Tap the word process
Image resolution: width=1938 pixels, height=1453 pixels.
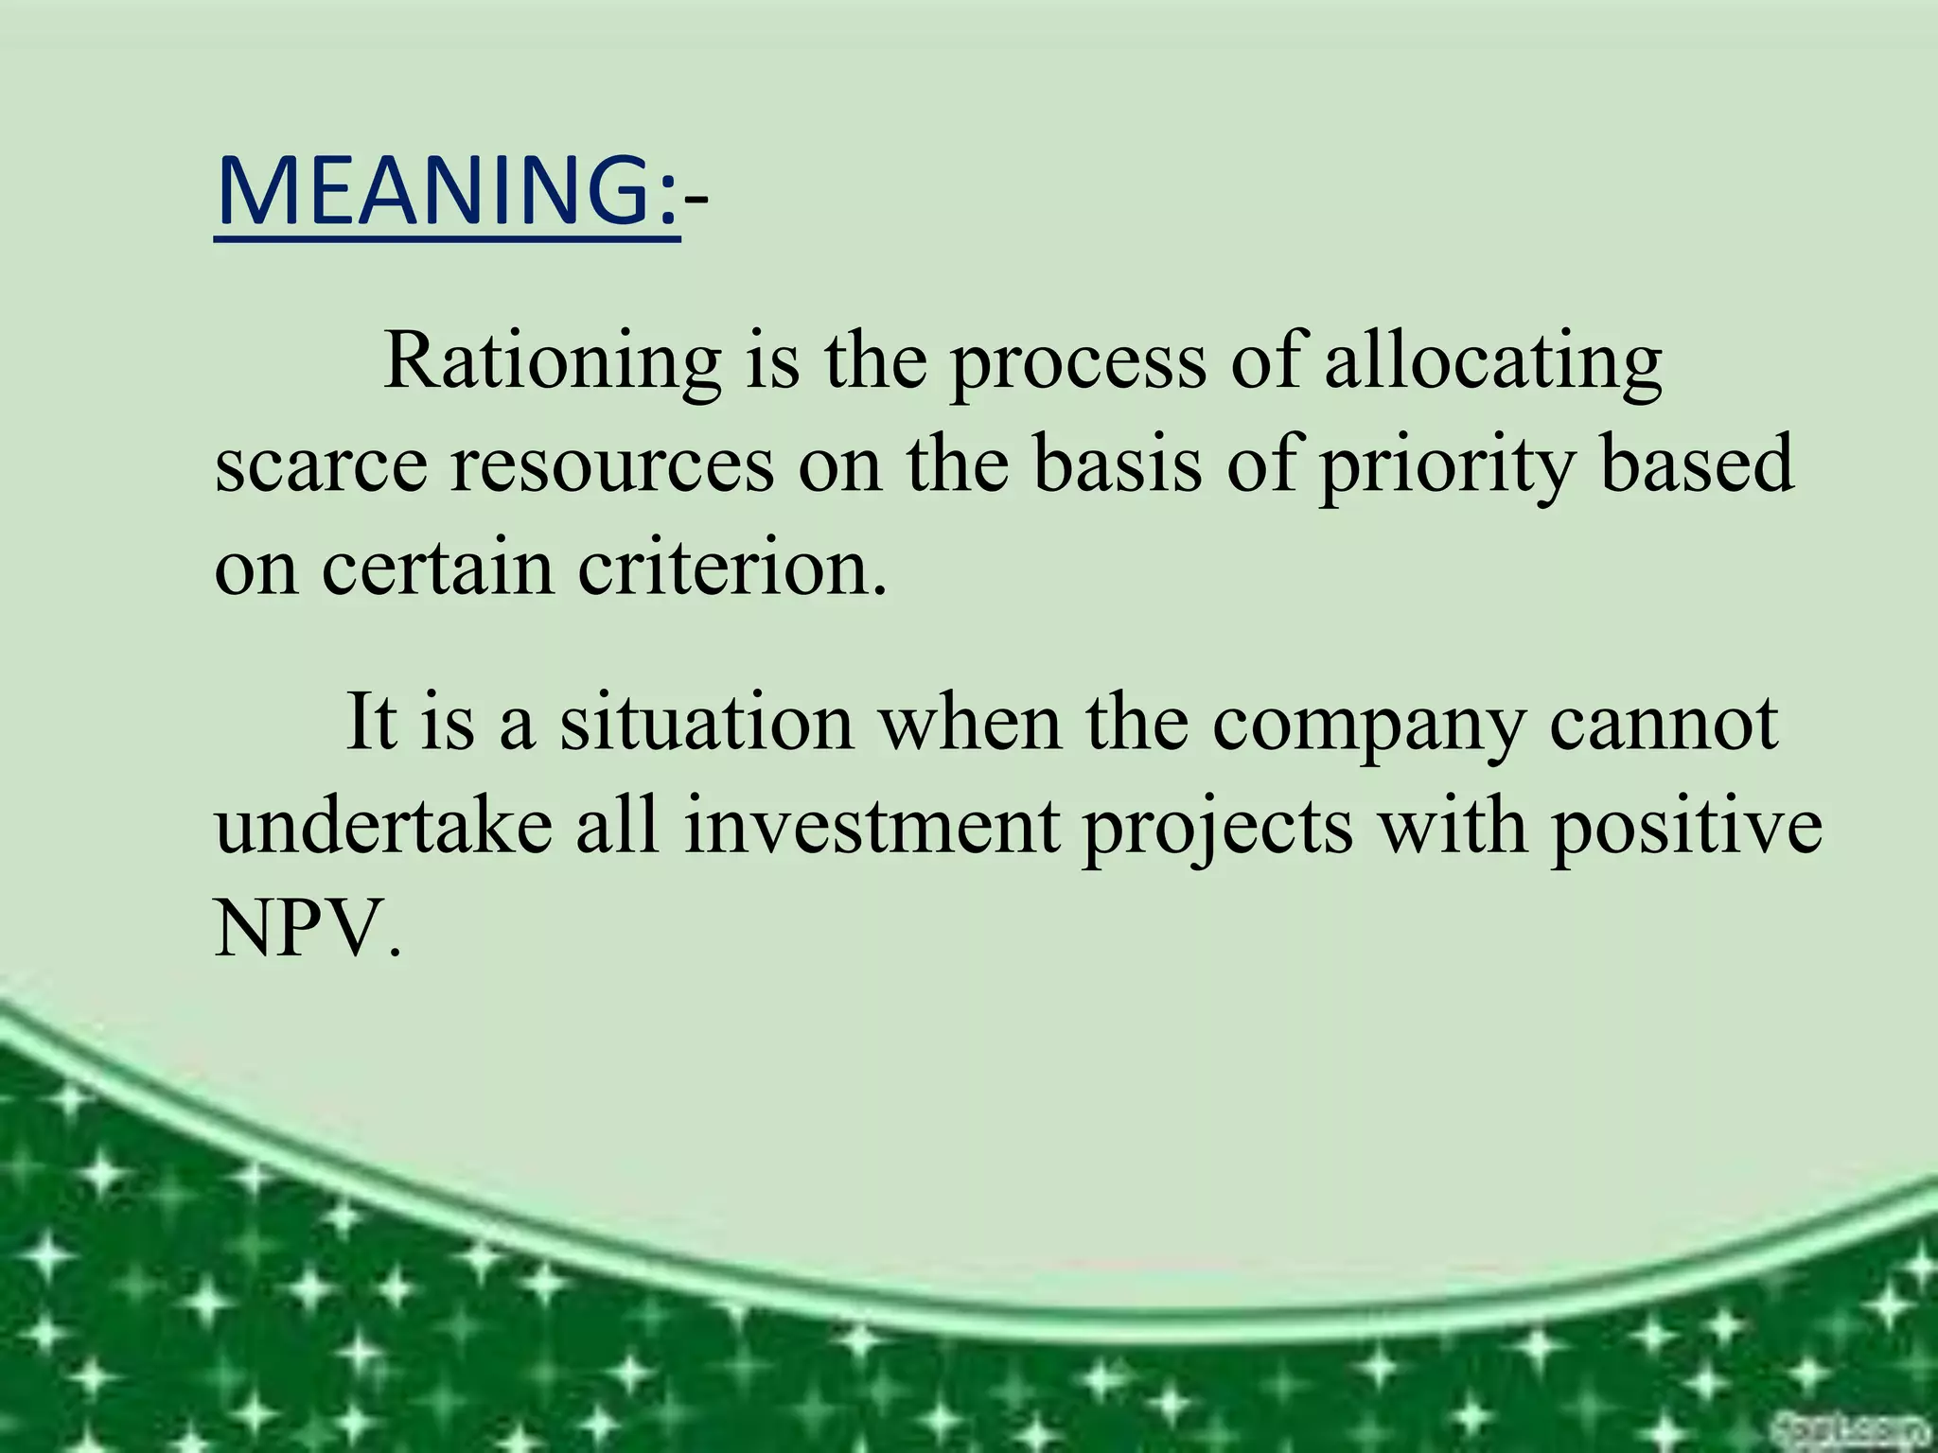pos(1079,364)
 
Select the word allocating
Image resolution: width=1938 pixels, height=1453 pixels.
pos(1492,364)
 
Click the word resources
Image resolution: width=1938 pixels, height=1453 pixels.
pos(612,465)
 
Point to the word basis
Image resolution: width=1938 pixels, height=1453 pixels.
pos(1117,465)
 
